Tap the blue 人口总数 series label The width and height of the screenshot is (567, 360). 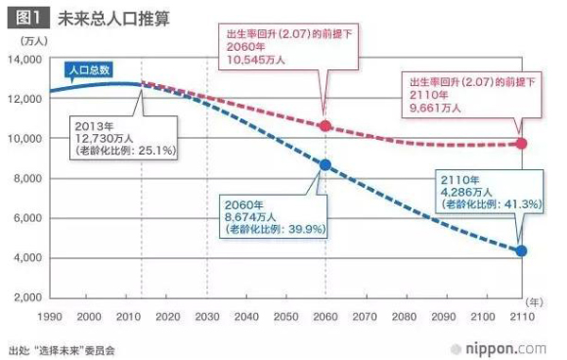(x=92, y=69)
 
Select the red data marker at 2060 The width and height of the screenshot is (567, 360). (x=325, y=126)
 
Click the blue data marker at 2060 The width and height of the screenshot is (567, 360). (x=325, y=164)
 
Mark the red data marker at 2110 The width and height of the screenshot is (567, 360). (x=522, y=144)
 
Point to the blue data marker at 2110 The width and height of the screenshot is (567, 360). (x=522, y=251)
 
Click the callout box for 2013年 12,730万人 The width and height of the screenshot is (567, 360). (x=120, y=136)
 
